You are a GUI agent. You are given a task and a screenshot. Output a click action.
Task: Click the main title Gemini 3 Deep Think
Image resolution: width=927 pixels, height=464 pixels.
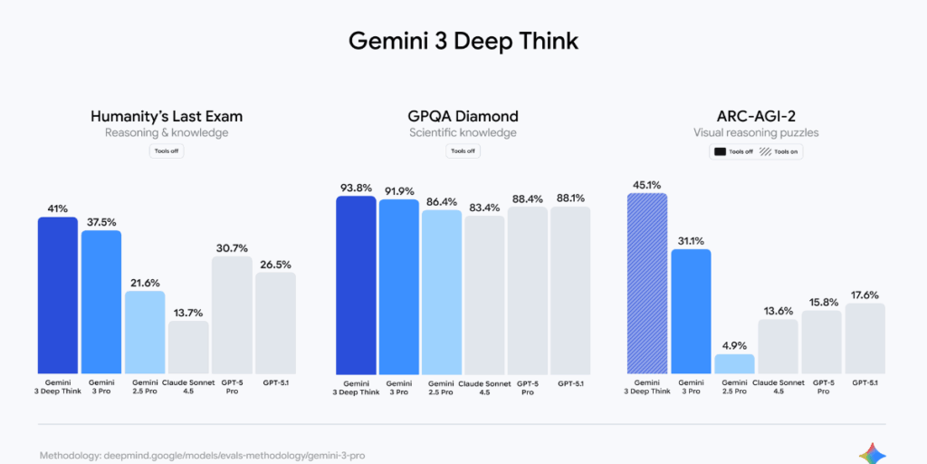pyautogui.click(x=463, y=41)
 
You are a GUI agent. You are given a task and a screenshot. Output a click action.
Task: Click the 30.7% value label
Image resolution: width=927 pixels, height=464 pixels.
pyautogui.click(x=232, y=247)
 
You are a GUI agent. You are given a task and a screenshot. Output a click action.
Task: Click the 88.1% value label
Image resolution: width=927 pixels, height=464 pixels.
pyautogui.click(x=570, y=198)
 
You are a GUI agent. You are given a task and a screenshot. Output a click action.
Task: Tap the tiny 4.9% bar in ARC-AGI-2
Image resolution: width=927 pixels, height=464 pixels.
pyautogui.click(x=734, y=363)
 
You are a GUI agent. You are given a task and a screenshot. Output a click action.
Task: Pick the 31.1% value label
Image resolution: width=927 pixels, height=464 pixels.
pyautogui.click(x=691, y=240)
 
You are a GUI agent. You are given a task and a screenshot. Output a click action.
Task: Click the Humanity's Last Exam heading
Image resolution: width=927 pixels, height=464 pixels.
pyautogui.click(x=167, y=116)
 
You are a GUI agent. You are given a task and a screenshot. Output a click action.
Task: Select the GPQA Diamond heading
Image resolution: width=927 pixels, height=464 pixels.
pyautogui.click(x=463, y=116)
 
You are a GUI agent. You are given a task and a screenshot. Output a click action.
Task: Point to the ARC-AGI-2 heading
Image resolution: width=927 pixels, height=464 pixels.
pyautogui.click(x=756, y=116)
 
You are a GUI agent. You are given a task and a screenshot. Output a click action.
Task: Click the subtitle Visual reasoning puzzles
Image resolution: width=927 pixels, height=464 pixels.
pyautogui.click(x=756, y=133)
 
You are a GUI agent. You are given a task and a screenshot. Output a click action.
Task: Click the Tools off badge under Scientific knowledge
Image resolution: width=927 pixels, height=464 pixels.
pyautogui.click(x=463, y=150)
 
